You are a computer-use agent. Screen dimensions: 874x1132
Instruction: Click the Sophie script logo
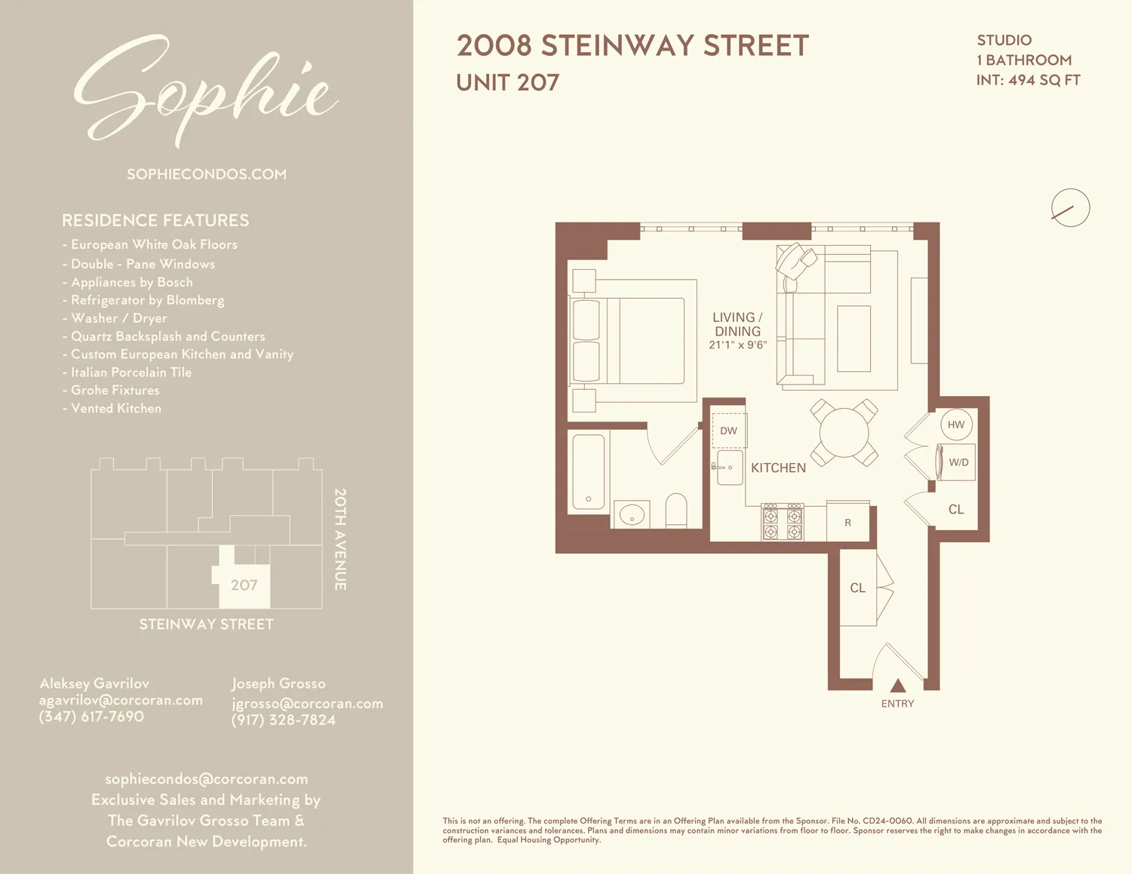(x=205, y=90)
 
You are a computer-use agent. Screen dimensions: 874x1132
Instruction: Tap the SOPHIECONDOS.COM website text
(x=207, y=174)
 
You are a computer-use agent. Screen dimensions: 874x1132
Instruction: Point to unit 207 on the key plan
(x=245, y=584)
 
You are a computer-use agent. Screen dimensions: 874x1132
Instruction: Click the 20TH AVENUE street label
(x=340, y=539)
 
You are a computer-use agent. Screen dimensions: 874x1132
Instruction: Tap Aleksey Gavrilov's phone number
(x=91, y=716)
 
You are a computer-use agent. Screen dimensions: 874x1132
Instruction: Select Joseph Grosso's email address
(x=307, y=703)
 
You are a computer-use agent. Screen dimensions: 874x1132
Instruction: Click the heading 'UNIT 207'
(x=508, y=82)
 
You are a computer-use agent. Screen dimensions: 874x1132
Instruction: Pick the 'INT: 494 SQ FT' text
(x=1028, y=80)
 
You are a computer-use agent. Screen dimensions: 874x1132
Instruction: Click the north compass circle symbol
(x=1070, y=208)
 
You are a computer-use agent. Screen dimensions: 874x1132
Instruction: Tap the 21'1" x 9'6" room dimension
(x=737, y=345)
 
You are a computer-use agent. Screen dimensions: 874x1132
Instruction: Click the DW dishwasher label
(x=728, y=431)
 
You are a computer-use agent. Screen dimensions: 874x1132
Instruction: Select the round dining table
(x=844, y=433)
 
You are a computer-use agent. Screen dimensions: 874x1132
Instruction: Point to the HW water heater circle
(x=956, y=425)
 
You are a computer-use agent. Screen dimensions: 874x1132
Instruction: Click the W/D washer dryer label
(x=958, y=462)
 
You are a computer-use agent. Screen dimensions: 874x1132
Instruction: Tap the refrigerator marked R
(x=847, y=522)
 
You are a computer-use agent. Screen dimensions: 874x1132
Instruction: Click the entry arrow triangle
(x=897, y=685)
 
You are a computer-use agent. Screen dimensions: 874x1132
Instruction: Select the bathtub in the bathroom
(x=589, y=472)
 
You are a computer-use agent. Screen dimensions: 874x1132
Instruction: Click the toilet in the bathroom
(x=676, y=510)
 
